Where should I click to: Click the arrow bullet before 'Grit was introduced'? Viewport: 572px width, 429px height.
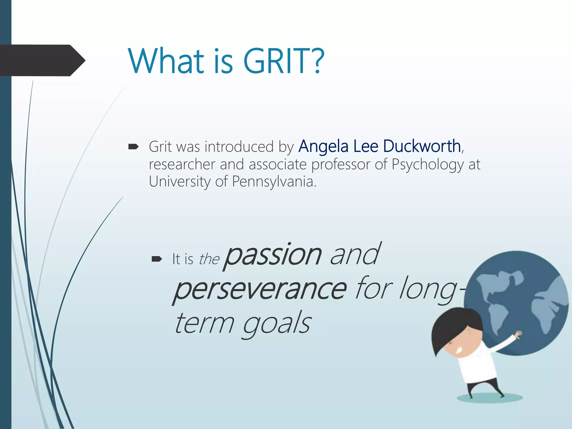tap(133, 147)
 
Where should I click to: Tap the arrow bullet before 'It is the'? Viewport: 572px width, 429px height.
tap(156, 259)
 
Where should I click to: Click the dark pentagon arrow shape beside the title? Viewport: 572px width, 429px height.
tap(42, 60)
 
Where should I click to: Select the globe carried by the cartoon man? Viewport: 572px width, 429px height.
tap(517, 293)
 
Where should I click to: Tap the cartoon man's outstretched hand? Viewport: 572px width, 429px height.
tap(518, 334)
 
